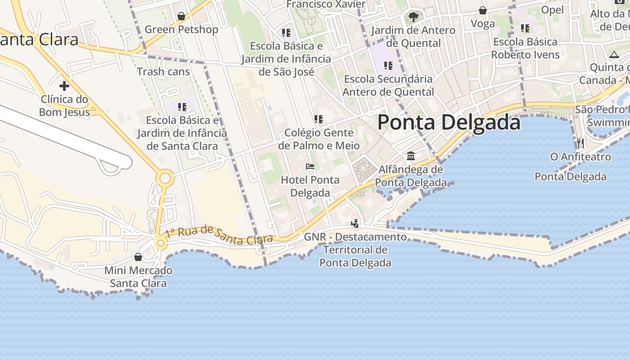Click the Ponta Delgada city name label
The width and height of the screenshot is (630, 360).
click(449, 122)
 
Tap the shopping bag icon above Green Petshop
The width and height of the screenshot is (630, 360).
click(181, 17)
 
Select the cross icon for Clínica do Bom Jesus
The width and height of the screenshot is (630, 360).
click(64, 85)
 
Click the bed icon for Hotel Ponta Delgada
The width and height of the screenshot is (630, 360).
click(310, 166)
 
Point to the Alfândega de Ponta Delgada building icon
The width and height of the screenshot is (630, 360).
click(411, 156)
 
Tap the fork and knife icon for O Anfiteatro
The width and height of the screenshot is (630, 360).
click(580, 144)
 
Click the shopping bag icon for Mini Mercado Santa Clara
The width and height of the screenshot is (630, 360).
click(138, 257)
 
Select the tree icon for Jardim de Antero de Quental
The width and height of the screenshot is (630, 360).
click(413, 18)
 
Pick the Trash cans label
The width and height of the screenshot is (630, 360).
click(163, 72)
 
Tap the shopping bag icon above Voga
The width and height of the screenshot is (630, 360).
click(483, 10)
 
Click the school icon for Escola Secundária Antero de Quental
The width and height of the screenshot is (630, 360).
click(388, 66)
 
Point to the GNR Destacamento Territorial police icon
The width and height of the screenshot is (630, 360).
click(355, 223)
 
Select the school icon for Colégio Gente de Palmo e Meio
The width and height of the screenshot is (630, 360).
click(319, 119)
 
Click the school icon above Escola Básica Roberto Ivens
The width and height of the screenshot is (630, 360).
click(525, 28)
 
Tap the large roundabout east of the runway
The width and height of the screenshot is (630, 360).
click(165, 179)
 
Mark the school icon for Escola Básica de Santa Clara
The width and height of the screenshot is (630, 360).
click(182, 107)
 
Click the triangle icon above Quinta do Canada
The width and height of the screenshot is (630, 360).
click(614, 55)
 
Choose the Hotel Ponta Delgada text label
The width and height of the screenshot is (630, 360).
click(310, 186)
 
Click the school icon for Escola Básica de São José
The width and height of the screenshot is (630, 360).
click(286, 33)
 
